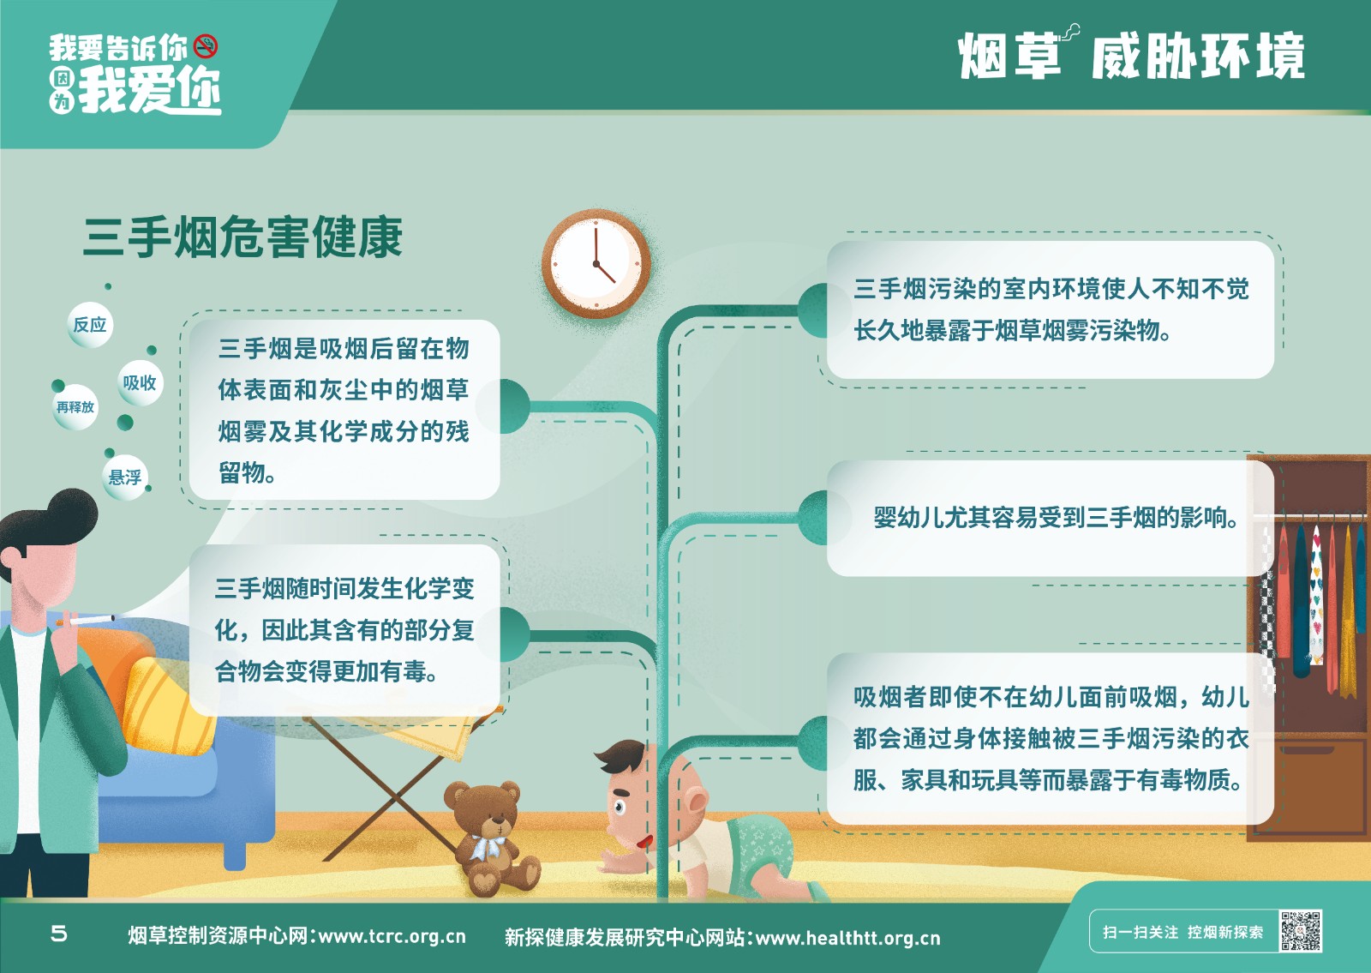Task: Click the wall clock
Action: point(596,264)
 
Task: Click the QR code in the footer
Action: point(1301,931)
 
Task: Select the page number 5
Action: point(59,934)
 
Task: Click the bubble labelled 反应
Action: point(90,325)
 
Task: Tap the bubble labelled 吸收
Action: point(140,383)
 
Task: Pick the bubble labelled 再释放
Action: point(75,407)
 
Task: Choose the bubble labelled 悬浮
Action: point(125,477)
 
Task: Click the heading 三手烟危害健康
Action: point(243,237)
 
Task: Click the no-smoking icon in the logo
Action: point(206,46)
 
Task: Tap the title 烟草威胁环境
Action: point(1131,55)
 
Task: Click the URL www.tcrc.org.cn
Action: point(392,936)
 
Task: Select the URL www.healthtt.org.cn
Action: point(848,938)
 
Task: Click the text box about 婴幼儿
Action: point(1050,518)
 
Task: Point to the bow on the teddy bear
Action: point(488,848)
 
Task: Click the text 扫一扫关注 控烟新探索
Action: point(1183,932)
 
